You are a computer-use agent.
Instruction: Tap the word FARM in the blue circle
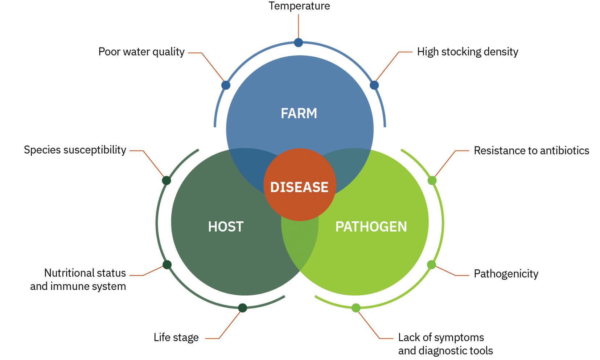click(299, 113)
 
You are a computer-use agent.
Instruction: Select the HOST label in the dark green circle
click(226, 226)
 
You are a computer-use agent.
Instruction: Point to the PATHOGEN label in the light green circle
click(371, 226)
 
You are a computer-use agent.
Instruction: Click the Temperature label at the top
click(299, 6)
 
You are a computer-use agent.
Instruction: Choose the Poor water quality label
click(141, 52)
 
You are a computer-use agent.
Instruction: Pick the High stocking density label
click(467, 52)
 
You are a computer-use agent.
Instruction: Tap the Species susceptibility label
click(75, 150)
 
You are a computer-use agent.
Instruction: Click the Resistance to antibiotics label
click(531, 150)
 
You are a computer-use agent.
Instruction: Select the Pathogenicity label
click(506, 274)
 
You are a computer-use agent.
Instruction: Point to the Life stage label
click(176, 337)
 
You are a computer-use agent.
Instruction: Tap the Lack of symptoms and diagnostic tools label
click(445, 344)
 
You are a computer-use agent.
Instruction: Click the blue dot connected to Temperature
click(298, 42)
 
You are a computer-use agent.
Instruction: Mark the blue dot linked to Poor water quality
click(226, 85)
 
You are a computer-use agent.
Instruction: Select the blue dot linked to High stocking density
click(374, 85)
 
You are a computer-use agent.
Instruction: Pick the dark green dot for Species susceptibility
click(166, 180)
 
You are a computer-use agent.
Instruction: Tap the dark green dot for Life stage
click(243, 308)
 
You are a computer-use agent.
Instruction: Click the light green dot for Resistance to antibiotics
click(432, 180)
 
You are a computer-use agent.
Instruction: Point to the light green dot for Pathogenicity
click(431, 265)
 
